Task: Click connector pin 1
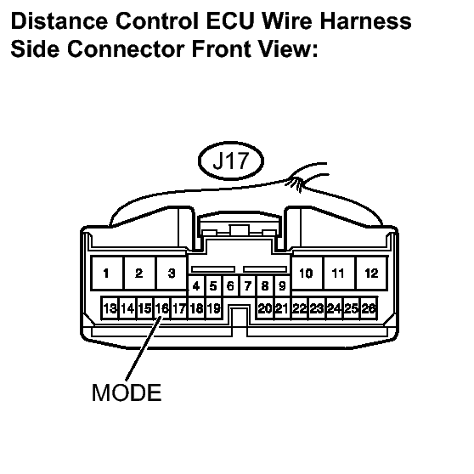coord(107,274)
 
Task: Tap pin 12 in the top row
coord(372,274)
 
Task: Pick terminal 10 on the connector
coord(306,274)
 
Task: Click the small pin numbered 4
coord(196,286)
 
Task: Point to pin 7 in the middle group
coord(248,286)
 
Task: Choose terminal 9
coord(282,286)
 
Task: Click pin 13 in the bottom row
coord(110,308)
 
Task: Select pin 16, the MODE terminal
coord(161,308)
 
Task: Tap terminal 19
coord(214,308)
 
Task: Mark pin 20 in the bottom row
coord(265,308)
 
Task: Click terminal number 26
coord(369,308)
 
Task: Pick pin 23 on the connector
coord(317,308)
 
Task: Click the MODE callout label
coord(127,392)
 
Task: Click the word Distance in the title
coord(59,21)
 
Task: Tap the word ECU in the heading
coord(230,21)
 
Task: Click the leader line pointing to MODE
coord(144,348)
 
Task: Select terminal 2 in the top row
coord(139,274)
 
